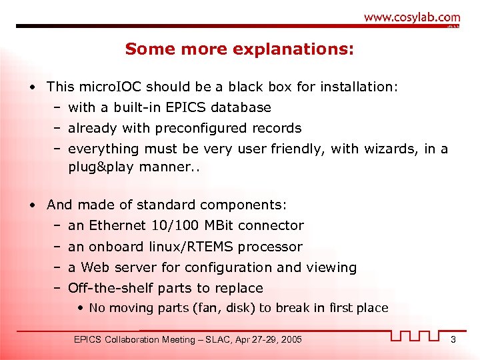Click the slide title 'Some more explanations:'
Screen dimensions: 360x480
coord(240,49)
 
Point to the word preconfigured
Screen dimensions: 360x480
coord(201,128)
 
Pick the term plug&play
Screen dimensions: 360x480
coord(101,167)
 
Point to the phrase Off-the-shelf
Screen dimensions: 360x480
coord(110,288)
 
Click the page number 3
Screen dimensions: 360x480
coord(453,340)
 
